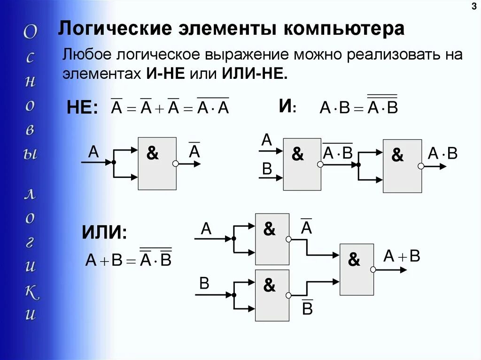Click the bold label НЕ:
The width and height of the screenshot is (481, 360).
pos(82,109)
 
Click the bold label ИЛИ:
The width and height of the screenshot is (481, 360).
pos(104,232)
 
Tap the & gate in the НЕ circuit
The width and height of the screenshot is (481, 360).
pos(157,163)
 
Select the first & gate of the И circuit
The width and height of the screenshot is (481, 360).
pos(302,164)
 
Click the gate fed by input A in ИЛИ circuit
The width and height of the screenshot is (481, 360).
pos(272,239)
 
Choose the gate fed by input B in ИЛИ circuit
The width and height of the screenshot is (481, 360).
pos(272,295)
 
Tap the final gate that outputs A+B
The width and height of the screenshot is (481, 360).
pos(357,269)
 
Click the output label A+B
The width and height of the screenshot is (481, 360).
pos(402,256)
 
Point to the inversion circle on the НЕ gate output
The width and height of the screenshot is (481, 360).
pos(175,164)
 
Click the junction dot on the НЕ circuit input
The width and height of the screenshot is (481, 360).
pos(114,162)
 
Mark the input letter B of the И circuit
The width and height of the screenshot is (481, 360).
pos(267,169)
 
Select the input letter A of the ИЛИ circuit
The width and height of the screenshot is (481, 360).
pos(207,229)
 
